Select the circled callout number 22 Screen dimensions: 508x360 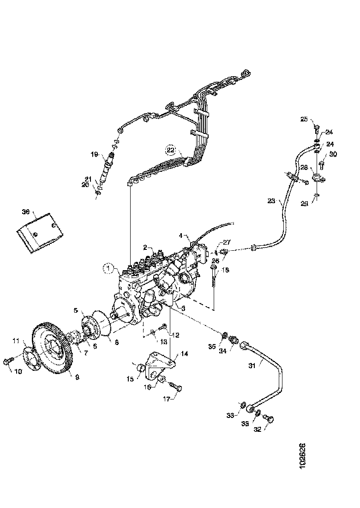click(171, 150)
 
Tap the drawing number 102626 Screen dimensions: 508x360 click(302, 456)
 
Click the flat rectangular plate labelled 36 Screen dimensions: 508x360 click(39, 231)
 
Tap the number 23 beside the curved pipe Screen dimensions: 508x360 click(271, 201)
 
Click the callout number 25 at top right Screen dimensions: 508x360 click(304, 119)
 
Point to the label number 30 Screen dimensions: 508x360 click(333, 154)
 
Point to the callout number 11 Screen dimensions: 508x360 click(16, 342)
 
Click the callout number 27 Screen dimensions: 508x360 click(226, 242)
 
